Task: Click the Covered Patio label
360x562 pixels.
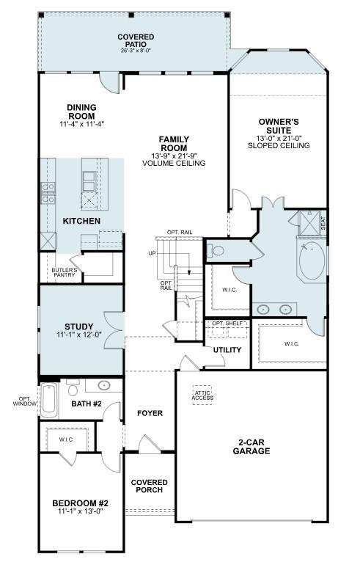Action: [136, 40]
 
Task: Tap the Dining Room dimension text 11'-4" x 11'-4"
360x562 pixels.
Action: [81, 124]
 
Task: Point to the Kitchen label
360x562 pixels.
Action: [81, 221]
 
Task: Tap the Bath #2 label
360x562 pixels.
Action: [86, 404]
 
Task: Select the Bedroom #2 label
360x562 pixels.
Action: [80, 503]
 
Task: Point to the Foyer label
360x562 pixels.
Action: [150, 413]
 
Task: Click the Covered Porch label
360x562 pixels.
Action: [150, 486]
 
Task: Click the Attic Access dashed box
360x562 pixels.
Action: [202, 395]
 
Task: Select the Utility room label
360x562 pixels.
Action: [227, 350]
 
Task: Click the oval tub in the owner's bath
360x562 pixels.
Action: [312, 261]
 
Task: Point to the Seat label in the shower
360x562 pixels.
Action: [323, 221]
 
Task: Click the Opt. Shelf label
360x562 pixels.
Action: [227, 324]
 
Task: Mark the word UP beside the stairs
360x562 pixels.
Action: [152, 253]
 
